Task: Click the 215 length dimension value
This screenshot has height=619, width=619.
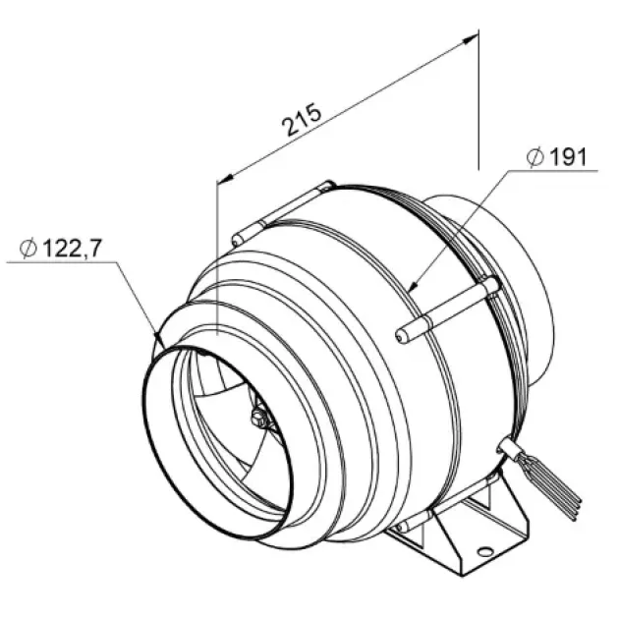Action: [302, 119]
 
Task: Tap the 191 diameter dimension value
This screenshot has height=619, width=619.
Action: [568, 157]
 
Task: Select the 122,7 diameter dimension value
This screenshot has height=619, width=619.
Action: [72, 248]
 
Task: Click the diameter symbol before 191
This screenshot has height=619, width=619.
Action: [535, 157]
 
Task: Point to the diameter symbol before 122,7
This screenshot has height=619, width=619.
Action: [28, 249]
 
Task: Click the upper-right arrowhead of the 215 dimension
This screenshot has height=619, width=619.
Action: [471, 39]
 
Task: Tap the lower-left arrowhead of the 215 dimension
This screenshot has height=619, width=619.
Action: [225, 179]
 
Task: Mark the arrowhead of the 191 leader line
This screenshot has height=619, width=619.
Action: [413, 286]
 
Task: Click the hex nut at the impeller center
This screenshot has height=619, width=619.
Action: [258, 416]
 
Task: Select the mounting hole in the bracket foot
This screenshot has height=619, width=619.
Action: [484, 551]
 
